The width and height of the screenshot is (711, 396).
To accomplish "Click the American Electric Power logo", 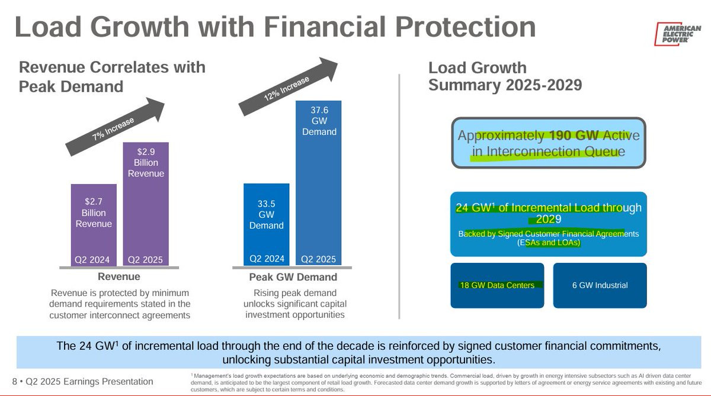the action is point(677,34).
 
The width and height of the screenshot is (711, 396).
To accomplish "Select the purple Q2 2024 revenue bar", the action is point(94,225).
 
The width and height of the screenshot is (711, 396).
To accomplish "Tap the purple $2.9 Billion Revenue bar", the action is point(146,204).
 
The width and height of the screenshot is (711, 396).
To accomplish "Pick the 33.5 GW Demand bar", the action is point(266,224).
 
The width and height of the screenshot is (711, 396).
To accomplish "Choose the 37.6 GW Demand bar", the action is point(318,183).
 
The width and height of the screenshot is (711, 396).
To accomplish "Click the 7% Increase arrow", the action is point(115,127).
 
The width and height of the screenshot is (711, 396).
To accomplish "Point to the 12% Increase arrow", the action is point(288,86).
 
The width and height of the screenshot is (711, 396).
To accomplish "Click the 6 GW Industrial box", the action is point(600,285).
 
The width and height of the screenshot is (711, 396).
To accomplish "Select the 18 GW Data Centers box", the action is point(497,285).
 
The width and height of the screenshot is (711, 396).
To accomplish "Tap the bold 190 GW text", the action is point(574,136).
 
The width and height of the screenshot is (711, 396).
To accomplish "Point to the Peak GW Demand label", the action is point(293,277).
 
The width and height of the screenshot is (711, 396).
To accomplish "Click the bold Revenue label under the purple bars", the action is point(119,276).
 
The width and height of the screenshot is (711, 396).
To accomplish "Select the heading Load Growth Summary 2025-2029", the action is point(505,76).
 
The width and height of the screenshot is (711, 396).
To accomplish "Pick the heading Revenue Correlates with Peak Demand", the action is point(112,77).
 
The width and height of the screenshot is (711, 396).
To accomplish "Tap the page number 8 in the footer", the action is point(15,381).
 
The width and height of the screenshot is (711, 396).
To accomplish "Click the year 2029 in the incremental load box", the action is point(549,219).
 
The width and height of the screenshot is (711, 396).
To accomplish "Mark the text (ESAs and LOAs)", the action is point(549,243).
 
